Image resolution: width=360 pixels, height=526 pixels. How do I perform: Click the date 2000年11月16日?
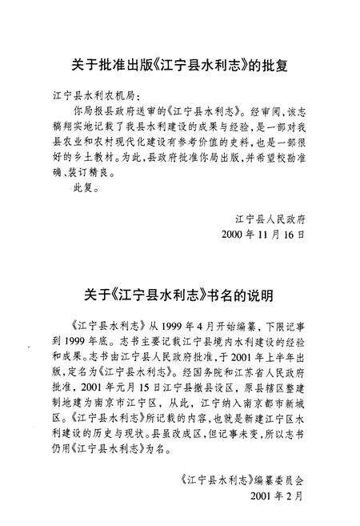click(267, 235)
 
